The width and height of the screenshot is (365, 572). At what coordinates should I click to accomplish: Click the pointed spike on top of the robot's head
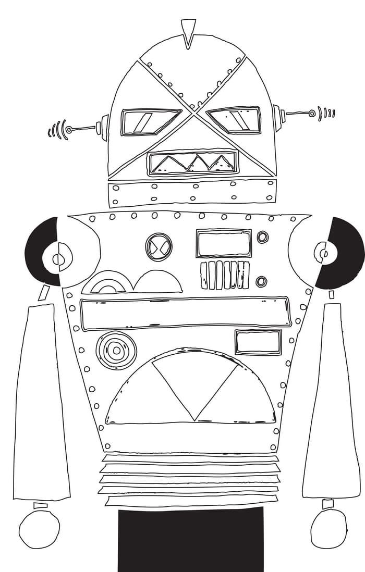(188, 30)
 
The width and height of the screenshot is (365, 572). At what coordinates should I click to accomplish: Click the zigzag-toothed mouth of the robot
(192, 163)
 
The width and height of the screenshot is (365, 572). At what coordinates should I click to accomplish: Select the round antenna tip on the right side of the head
(312, 113)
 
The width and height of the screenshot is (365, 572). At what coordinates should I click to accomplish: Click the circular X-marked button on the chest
(158, 246)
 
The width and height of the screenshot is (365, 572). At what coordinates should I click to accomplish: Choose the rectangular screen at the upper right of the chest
(224, 243)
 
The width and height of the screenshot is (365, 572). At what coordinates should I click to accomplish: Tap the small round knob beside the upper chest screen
(263, 237)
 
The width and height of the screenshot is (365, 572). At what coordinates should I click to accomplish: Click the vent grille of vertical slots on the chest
(225, 275)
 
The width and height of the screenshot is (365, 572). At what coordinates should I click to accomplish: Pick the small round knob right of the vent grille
(261, 281)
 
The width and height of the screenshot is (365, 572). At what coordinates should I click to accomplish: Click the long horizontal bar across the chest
(185, 313)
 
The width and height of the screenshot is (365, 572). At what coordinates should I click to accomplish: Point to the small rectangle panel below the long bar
(258, 342)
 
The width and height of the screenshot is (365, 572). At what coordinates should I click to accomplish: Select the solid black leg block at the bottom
(190, 541)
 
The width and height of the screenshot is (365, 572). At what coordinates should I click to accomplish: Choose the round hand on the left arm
(39, 529)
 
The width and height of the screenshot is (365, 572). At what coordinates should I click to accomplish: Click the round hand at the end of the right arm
(328, 528)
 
